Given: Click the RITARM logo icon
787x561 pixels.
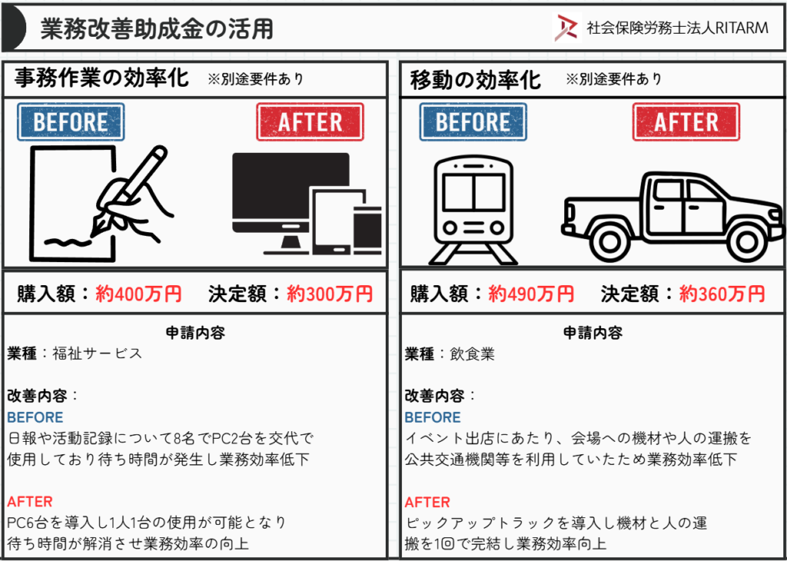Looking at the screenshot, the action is pyautogui.click(x=566, y=28).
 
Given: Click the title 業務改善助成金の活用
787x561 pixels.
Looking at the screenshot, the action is pyautogui.click(x=157, y=29).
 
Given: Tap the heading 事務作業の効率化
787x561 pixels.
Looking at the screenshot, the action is pyautogui.click(x=102, y=79).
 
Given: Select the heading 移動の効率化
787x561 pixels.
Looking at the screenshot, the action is pyautogui.click(x=475, y=79).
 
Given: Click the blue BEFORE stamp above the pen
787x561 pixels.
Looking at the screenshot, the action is pyautogui.click(x=71, y=122).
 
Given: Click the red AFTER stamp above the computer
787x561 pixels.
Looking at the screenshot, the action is pyautogui.click(x=310, y=122).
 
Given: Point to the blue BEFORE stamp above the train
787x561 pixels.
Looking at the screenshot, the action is pyautogui.click(x=473, y=122).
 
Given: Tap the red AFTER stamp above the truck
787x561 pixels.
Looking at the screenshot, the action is pyautogui.click(x=686, y=122).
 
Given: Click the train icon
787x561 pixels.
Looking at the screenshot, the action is pyautogui.click(x=473, y=211).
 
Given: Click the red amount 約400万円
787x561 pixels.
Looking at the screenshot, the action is pyautogui.click(x=138, y=294).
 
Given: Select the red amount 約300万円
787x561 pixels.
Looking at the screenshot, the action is pyautogui.click(x=330, y=294).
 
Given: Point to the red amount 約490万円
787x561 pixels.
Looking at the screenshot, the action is pyautogui.click(x=530, y=294).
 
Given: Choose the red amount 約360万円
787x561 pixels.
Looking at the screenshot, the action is pyautogui.click(x=722, y=294).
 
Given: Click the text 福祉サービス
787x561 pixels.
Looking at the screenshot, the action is pyautogui.click(x=98, y=354).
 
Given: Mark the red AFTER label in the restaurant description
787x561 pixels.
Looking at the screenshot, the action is pyautogui.click(x=427, y=502).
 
